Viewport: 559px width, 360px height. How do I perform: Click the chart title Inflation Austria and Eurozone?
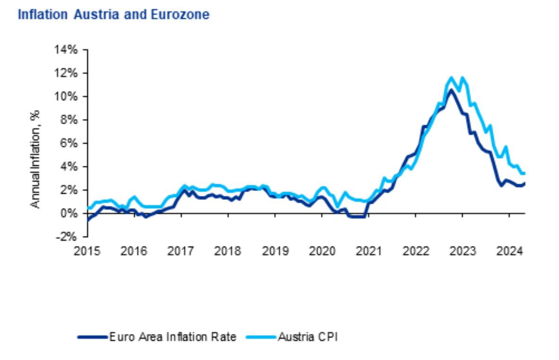pos(113,15)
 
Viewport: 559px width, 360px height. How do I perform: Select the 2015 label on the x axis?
pos(87,250)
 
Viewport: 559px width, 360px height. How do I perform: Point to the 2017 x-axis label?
pos(181,250)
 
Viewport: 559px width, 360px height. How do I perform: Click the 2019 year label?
pos(275,250)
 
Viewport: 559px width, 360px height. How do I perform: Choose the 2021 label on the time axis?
pos(369,250)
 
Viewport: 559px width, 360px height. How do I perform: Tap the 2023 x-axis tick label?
pos(462,250)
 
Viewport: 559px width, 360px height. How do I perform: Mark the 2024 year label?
pos(509,250)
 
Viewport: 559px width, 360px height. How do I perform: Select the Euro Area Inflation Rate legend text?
pos(172,337)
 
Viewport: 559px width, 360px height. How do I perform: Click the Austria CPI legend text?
pos(308,337)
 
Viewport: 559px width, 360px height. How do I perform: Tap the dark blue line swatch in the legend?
pos(93,337)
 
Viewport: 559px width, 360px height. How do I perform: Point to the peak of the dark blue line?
pos(451,90)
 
